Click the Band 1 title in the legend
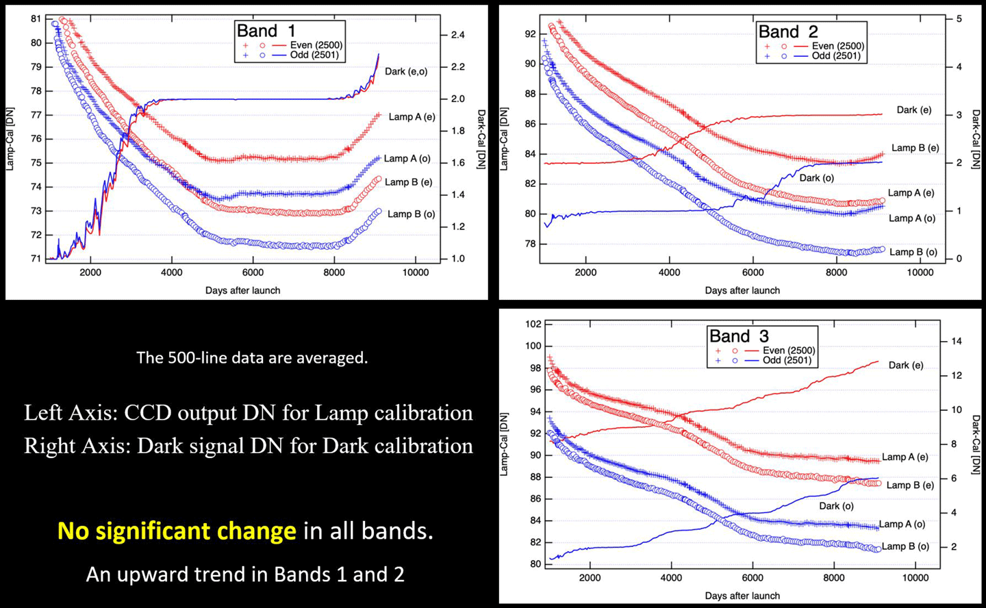coord(266,31)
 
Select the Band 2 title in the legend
coord(787,31)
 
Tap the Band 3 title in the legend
coord(739,336)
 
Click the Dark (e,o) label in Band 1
coord(406,71)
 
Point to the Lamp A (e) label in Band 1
coord(412,117)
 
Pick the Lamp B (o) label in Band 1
coord(411,214)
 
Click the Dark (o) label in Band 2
coord(816,178)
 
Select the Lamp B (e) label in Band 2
coord(915,148)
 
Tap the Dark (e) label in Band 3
coord(905,366)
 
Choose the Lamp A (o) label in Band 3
coord(902,524)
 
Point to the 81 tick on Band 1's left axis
coord(36,19)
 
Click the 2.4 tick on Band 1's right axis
coord(457,35)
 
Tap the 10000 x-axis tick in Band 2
coord(920,273)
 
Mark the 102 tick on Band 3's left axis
coord(533,324)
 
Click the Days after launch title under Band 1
coord(242,290)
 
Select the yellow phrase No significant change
coord(177,531)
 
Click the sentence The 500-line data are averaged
coord(252,358)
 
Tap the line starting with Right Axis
coord(249,446)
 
